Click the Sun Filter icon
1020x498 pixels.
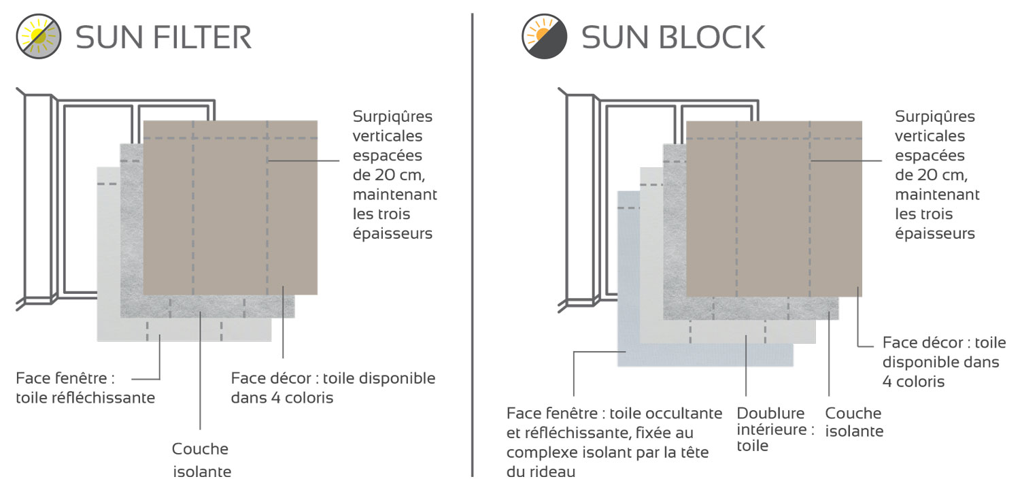pyautogui.click(x=39, y=37)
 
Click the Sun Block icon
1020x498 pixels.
pyautogui.click(x=544, y=37)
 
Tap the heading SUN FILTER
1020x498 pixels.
pyautogui.click(x=163, y=37)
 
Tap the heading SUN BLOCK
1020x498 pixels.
pyautogui.click(x=673, y=37)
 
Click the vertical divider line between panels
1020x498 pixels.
pyautogui.click(x=472, y=245)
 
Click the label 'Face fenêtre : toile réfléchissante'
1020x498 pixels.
pyautogui.click(x=85, y=387)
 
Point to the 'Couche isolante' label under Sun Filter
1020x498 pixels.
pyautogui.click(x=201, y=460)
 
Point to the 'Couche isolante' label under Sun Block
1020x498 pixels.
pyautogui.click(x=853, y=422)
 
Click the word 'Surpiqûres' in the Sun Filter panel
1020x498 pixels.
pyautogui.click(x=392, y=116)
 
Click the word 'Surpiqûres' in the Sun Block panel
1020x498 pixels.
pyautogui.click(x=935, y=116)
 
